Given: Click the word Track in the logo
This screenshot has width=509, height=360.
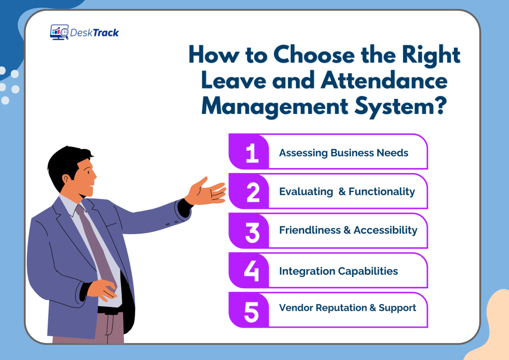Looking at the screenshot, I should pyautogui.click(x=105, y=33).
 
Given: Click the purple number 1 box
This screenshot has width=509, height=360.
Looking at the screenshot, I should pyautogui.click(x=250, y=152).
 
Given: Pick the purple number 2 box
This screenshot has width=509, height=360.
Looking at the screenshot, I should pyautogui.click(x=250, y=191).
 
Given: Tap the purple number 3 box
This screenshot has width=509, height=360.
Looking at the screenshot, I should pyautogui.click(x=250, y=231).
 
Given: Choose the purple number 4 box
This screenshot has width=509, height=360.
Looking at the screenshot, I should pyautogui.click(x=250, y=270).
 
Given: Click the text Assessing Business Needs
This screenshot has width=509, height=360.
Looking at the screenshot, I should pyautogui.click(x=343, y=153).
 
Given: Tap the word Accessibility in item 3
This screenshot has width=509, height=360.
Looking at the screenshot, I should pyautogui.click(x=385, y=230).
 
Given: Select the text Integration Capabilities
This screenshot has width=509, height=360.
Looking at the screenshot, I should pyautogui.click(x=339, y=271).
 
